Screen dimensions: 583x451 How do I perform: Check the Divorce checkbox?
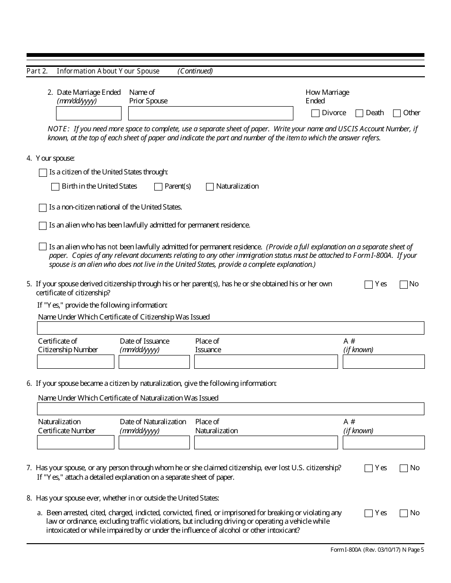(x=315, y=113)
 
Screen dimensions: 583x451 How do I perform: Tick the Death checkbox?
(x=359, y=113)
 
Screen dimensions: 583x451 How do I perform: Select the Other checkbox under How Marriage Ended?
(x=397, y=113)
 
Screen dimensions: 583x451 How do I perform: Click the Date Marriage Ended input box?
(x=89, y=113)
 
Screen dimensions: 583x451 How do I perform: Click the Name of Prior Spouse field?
(x=210, y=113)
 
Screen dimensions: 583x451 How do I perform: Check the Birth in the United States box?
(x=55, y=187)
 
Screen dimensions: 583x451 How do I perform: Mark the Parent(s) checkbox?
(x=158, y=187)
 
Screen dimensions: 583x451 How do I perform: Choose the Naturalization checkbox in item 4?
(x=210, y=187)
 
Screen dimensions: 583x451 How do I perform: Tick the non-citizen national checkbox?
(x=43, y=208)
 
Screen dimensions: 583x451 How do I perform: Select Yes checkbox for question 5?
(x=368, y=284)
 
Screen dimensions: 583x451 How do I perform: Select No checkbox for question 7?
(x=404, y=468)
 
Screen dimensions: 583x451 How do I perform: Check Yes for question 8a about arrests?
(x=368, y=513)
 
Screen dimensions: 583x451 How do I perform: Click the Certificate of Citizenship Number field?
(x=75, y=362)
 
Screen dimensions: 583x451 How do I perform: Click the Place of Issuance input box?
(x=266, y=362)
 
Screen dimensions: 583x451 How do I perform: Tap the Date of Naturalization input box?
(x=154, y=442)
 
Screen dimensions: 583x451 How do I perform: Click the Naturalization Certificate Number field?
(x=75, y=442)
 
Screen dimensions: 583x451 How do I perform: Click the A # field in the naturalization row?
(x=383, y=442)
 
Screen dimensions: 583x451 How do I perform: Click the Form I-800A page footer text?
(x=377, y=550)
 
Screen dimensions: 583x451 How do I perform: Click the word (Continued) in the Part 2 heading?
(x=195, y=71)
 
